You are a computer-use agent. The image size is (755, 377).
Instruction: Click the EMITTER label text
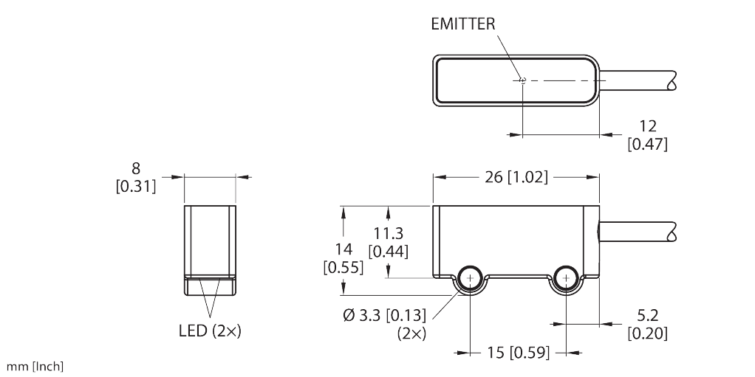[462, 24]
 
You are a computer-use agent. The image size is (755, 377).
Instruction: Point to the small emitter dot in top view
[522, 80]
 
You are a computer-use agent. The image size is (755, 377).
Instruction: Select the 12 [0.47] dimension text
[647, 134]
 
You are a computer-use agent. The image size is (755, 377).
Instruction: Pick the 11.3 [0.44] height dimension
[389, 242]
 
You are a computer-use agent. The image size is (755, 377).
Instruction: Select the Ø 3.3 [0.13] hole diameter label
[384, 316]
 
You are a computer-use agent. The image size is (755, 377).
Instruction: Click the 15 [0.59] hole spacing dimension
[518, 353]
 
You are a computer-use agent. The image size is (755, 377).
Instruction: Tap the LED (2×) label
[211, 331]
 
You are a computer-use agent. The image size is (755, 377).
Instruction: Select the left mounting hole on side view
[470, 279]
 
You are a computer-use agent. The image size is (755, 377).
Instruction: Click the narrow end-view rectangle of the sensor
[210, 240]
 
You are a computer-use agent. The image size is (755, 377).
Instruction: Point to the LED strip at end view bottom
[210, 285]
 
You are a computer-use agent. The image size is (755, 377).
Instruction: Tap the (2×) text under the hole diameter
[411, 333]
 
